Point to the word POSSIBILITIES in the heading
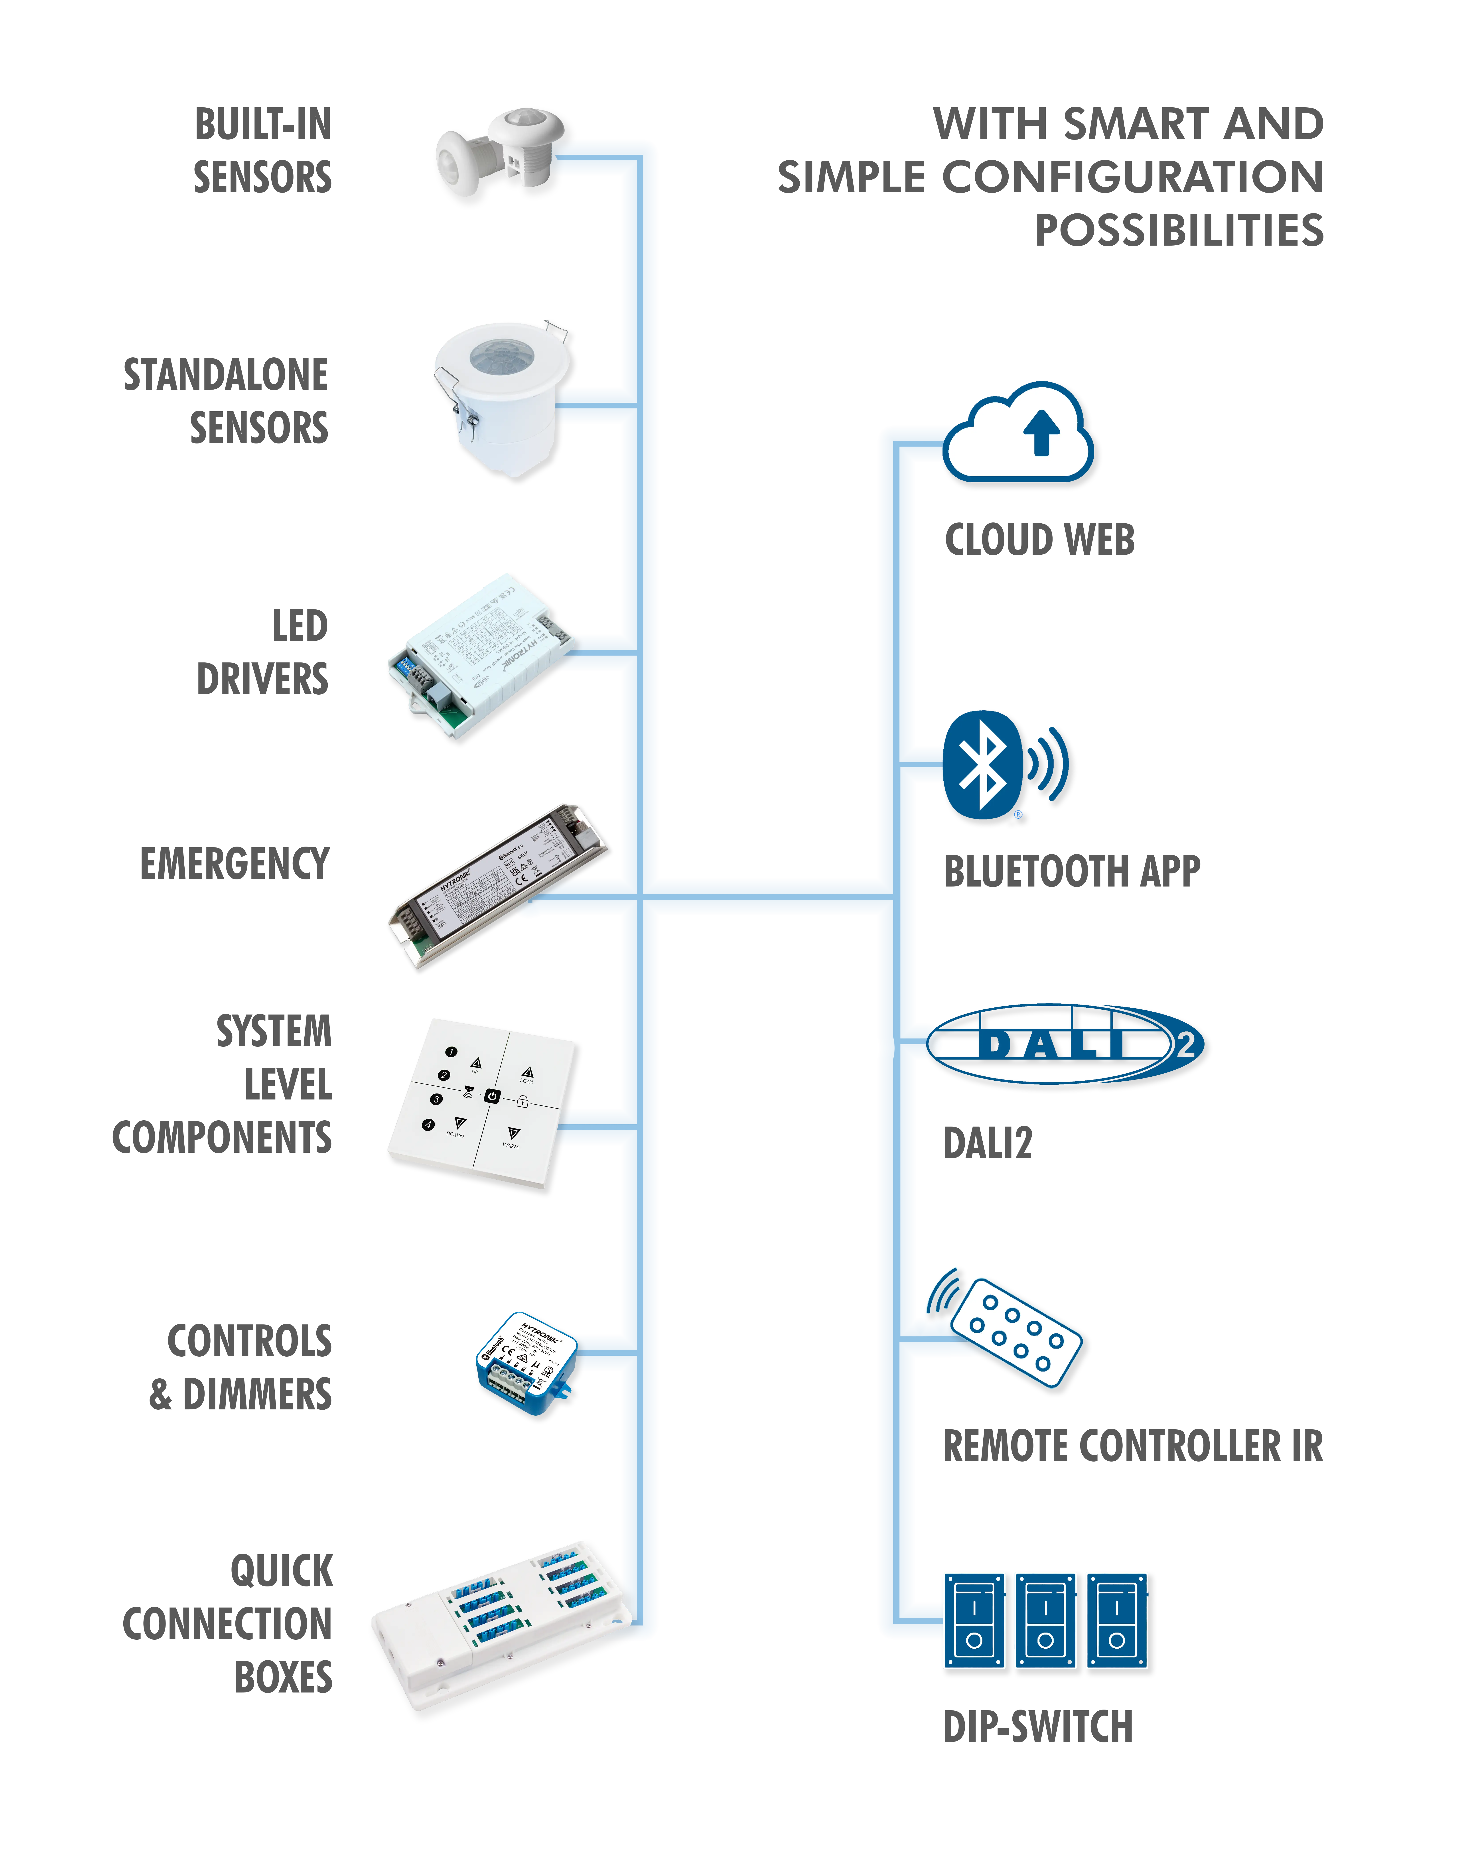[x=1179, y=231]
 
